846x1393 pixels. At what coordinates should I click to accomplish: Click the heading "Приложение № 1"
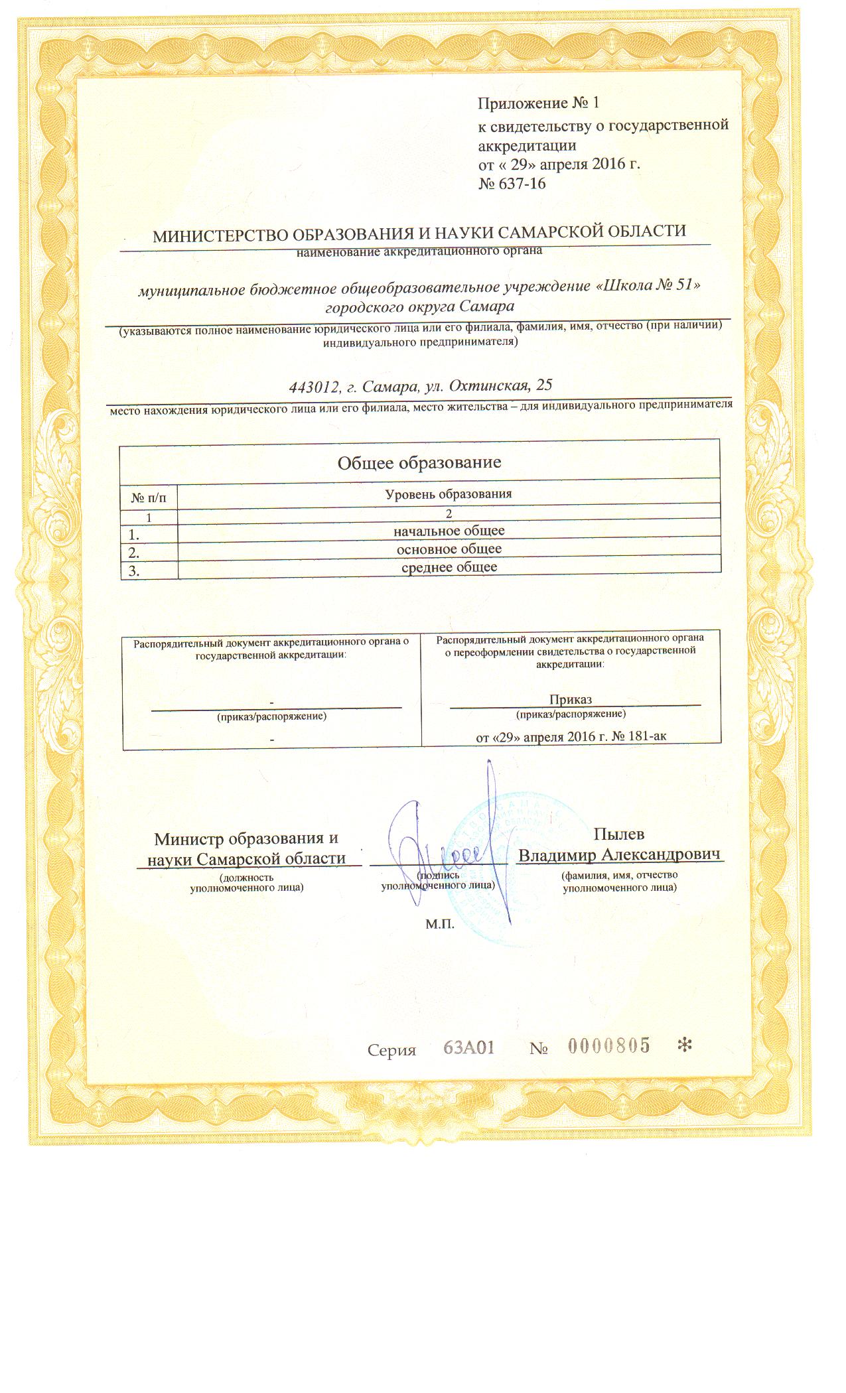538,104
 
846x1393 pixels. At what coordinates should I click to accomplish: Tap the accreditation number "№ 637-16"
512,183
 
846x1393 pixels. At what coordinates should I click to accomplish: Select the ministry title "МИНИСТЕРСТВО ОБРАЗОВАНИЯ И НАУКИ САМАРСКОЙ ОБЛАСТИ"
419,233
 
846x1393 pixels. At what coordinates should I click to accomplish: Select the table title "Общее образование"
419,462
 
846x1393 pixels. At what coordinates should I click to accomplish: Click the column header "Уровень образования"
449,494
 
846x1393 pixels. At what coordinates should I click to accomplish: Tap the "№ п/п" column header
149,496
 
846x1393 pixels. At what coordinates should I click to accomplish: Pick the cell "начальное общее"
449,531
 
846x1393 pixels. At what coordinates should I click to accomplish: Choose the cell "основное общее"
449,549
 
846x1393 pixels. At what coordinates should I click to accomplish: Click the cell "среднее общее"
449,566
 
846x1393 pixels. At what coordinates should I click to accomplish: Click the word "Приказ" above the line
571,699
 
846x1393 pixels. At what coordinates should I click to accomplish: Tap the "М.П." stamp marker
439,924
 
